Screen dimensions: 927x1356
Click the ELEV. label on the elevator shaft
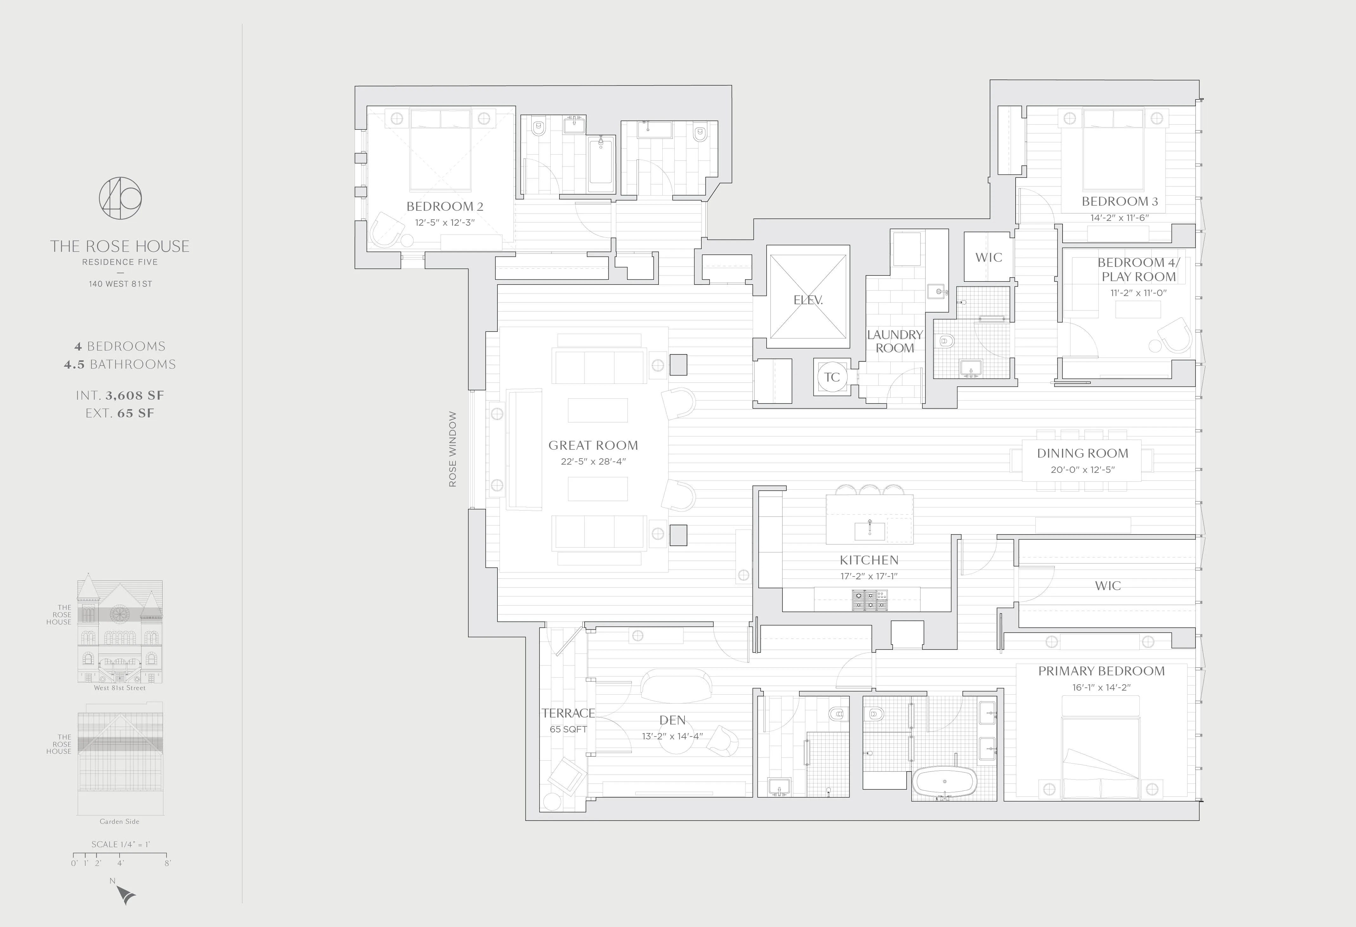click(808, 300)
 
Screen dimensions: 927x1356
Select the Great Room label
click(593, 445)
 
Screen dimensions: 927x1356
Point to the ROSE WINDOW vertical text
click(453, 449)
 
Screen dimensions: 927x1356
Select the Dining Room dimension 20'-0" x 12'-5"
click(1082, 469)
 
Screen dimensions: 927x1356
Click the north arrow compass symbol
click(125, 894)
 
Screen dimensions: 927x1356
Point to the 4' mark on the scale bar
click(120, 863)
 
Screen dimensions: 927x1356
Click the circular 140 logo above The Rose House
click(120, 198)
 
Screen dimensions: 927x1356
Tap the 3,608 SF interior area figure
click(135, 395)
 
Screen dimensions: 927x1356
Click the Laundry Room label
click(894, 341)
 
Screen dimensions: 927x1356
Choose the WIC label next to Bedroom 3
click(988, 257)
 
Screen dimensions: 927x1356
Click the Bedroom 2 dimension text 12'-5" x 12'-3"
click(445, 223)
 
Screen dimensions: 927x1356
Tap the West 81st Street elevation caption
click(120, 688)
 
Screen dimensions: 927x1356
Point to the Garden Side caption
click(120, 821)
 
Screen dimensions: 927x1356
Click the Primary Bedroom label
click(1101, 671)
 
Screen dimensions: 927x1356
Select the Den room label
click(672, 720)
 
